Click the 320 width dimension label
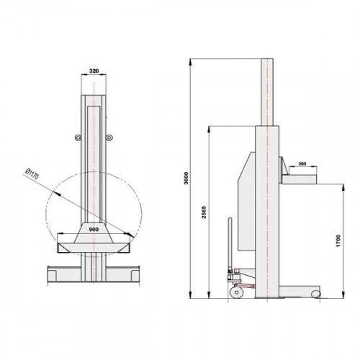(x=94, y=71)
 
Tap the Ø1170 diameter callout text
(x=32, y=174)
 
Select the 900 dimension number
(x=94, y=230)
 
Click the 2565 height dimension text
(x=204, y=212)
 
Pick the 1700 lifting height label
(x=338, y=241)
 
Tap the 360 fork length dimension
(x=302, y=163)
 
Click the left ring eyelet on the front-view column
(x=78, y=138)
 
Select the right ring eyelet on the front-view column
(x=109, y=138)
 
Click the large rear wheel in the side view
(x=236, y=292)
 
